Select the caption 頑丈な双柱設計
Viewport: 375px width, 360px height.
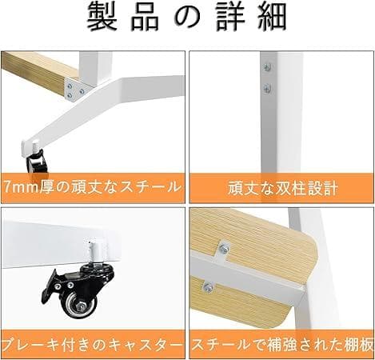(282, 190)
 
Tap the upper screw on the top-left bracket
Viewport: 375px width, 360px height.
(78, 83)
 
